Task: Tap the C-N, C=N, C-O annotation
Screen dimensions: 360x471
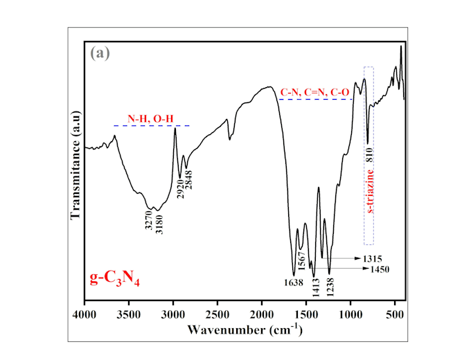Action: (315, 91)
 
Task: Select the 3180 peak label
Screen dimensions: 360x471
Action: (159, 223)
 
